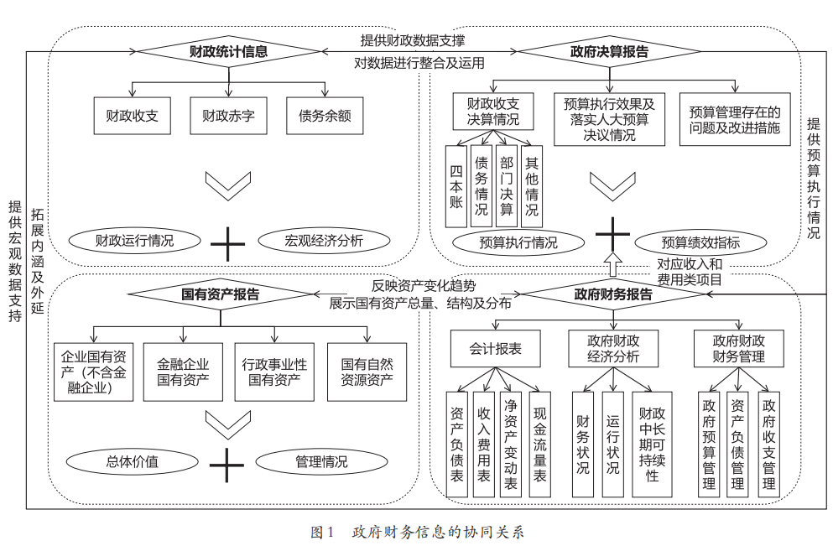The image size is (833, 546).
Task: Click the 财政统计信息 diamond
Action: click(228, 51)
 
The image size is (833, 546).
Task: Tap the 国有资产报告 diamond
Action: click(221, 294)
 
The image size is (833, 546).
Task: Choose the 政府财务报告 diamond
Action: click(613, 294)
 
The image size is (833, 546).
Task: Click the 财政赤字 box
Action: click(228, 117)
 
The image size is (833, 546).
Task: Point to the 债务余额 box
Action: click(325, 117)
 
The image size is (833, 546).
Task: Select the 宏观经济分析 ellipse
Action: click(324, 242)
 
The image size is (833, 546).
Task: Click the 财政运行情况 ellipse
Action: click(134, 242)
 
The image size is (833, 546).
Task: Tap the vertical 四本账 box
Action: click(456, 187)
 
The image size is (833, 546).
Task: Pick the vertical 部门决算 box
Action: click(507, 187)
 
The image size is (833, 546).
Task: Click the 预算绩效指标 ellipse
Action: click(700, 243)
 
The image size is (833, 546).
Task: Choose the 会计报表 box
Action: click(495, 348)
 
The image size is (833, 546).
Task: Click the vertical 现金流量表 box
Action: click(540, 444)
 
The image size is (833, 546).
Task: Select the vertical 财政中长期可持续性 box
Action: click(653, 444)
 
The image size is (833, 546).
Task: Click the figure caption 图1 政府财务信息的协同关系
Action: click(417, 532)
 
